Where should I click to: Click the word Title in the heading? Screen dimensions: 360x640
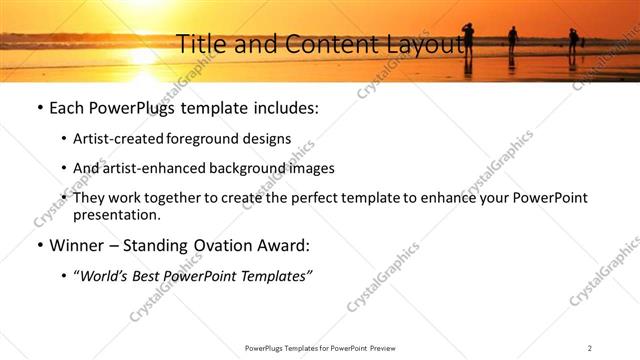(198, 44)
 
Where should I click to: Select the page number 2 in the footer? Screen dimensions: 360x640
(590, 347)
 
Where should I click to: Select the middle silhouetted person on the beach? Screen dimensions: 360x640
(512, 39)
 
